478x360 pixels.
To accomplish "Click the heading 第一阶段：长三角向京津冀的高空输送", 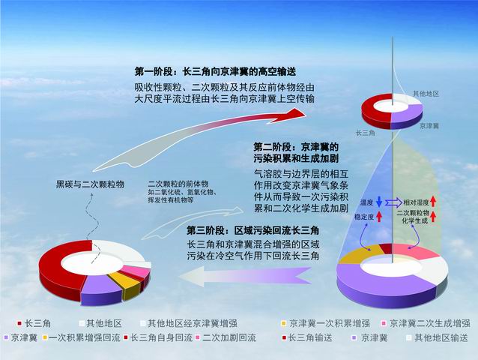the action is (215, 72).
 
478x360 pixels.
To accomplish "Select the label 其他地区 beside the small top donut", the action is (426, 94).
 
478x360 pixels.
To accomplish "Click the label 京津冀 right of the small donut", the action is (429, 126).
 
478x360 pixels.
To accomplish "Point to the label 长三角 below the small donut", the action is (366, 133).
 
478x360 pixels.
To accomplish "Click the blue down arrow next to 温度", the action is (379, 202).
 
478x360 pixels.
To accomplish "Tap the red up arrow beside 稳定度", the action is (379, 217).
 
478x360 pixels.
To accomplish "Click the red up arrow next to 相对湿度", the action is (434, 202).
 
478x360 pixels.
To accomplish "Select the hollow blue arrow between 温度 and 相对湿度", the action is (393, 202).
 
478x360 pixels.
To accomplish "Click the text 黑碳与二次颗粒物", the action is (90, 184).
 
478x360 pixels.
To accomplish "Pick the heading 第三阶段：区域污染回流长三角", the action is (252, 230).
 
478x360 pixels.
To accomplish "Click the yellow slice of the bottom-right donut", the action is (359, 253).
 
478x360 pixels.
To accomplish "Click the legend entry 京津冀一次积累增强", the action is (326, 323).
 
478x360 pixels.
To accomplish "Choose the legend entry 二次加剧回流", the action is (226, 337).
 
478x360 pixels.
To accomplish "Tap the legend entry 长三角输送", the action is (307, 337).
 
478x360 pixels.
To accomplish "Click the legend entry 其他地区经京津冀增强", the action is (189, 323).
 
